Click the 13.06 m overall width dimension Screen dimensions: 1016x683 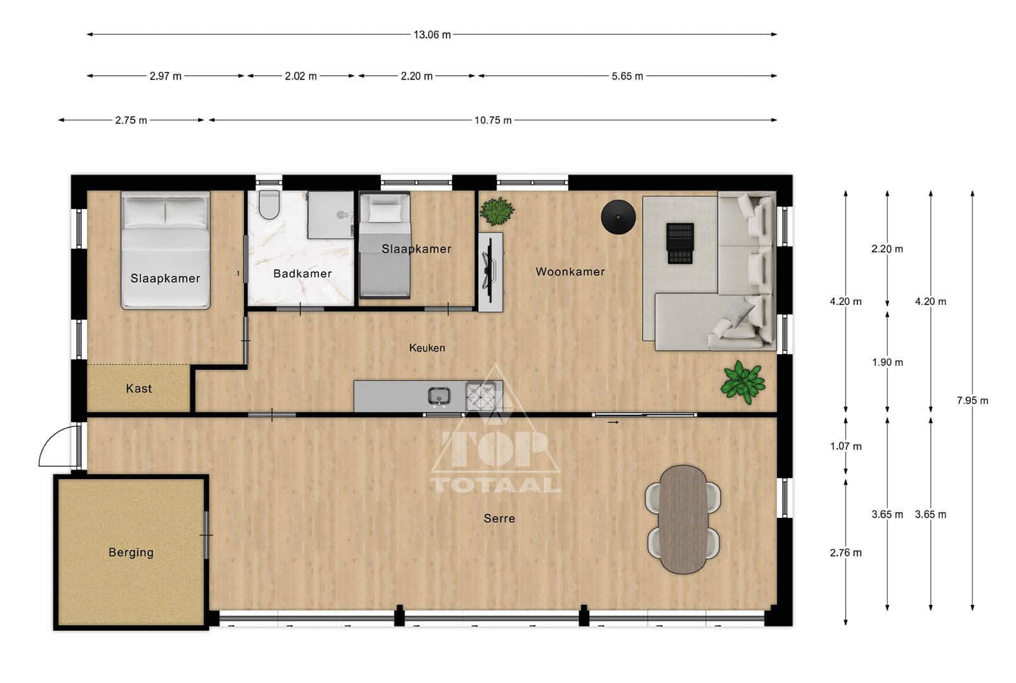(x=432, y=35)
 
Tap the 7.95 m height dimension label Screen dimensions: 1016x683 (x=972, y=401)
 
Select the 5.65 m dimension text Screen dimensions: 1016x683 (x=627, y=76)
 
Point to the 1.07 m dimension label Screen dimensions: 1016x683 (x=846, y=447)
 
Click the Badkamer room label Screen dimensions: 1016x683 (x=302, y=274)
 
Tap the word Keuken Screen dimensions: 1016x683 (x=427, y=348)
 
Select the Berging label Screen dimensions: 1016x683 (x=131, y=552)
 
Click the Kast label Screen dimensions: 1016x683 (x=139, y=388)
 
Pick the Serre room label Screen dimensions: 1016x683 (x=499, y=518)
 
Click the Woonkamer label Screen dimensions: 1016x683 (x=570, y=272)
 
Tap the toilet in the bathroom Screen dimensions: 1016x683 (x=269, y=205)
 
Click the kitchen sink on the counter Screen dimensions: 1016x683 (x=439, y=396)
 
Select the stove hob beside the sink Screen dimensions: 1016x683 (x=481, y=396)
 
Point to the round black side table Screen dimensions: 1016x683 (x=618, y=217)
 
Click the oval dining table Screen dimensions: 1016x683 (x=683, y=519)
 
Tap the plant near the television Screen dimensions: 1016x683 (x=497, y=211)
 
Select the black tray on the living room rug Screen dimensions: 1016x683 (x=680, y=243)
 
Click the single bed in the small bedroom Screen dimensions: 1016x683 (x=385, y=245)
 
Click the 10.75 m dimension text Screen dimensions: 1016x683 (x=493, y=121)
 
